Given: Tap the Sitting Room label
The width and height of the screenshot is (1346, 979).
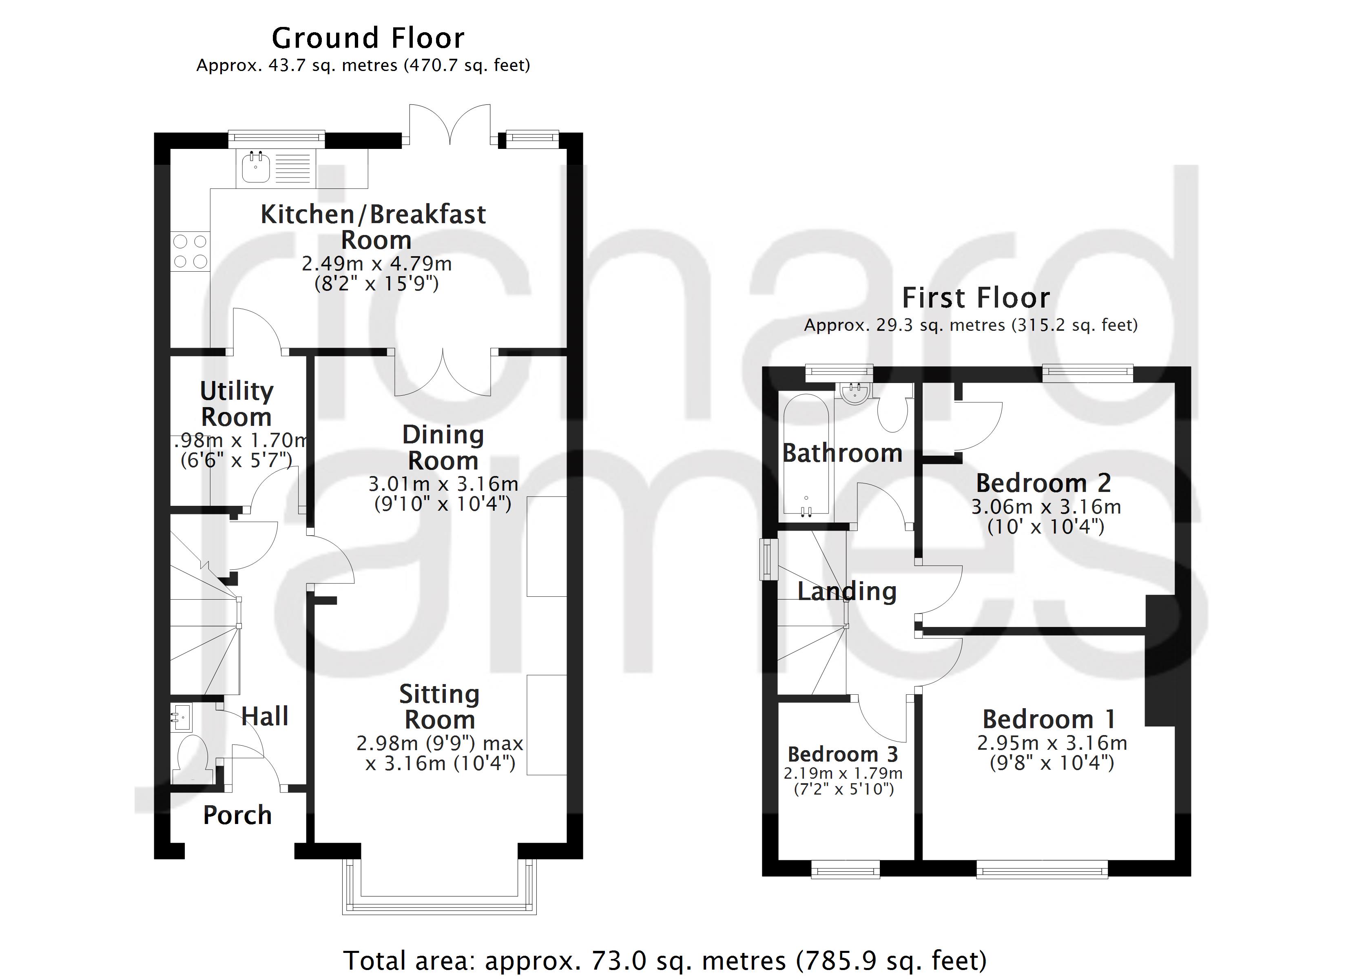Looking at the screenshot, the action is coord(439,707).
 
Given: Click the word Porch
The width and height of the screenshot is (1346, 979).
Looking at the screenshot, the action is coord(237,815).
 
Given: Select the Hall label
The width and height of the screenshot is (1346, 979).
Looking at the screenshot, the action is coord(265,716).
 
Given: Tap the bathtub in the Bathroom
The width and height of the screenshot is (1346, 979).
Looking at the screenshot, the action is coord(806,454).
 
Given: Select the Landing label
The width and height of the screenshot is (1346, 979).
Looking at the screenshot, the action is coord(846,592).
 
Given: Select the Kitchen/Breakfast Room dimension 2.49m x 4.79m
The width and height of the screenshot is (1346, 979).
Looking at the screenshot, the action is coord(377,264).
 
